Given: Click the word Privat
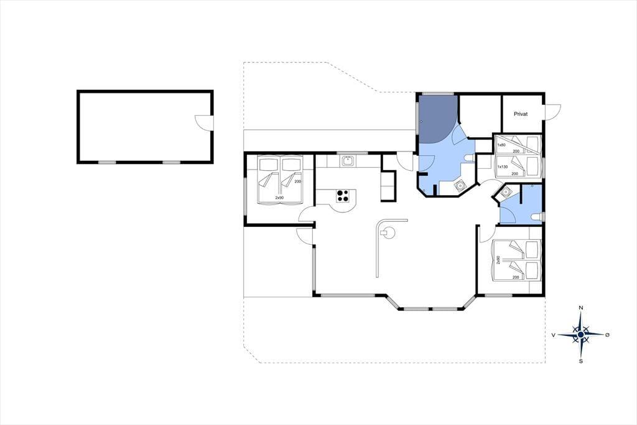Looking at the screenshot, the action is pos(521,114).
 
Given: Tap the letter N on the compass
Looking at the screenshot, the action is pos(581,308).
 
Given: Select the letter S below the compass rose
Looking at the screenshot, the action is pos(581,361).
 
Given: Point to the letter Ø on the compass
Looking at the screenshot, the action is pos(607,335).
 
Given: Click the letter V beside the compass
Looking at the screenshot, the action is pos(553,335).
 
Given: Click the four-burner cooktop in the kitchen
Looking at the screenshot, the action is pos(343,196).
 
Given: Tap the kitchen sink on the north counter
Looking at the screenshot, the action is pos(347,161).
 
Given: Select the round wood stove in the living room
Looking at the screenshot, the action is pos(387,233).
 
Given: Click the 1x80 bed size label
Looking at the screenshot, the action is pos(502,145).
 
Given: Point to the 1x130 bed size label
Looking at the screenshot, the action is pos(503,166).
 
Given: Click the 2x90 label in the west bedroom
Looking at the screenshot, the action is pos(279,198).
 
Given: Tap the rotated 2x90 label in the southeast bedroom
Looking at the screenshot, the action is pos(498,260).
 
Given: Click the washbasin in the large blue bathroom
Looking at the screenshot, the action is pos(460,186).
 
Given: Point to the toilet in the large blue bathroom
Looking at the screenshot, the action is pos(469,158).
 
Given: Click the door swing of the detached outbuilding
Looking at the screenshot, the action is pos(203,123).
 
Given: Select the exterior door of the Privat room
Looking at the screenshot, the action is pos(552,112).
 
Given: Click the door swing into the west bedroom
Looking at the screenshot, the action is pos(305,214).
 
